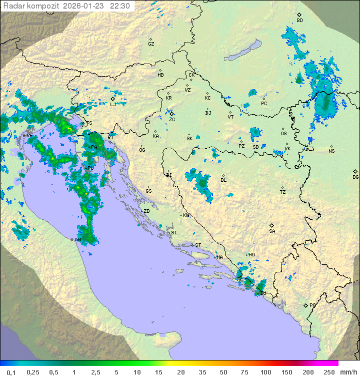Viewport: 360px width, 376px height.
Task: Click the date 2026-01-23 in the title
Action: pyautogui.click(x=84, y=6)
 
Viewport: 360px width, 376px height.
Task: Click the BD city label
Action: pyautogui.click(x=299, y=21)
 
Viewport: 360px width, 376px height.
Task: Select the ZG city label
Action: pyautogui.click(x=172, y=120)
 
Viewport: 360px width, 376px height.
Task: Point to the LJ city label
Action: pyautogui.click(x=113, y=104)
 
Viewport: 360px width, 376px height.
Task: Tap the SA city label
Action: pyautogui.click(x=272, y=231)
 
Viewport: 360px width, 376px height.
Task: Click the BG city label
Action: pyautogui.click(x=355, y=177)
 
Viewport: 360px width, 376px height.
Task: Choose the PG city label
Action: pyautogui.click(x=312, y=305)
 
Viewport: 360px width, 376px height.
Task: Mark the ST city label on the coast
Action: pyautogui.click(x=198, y=245)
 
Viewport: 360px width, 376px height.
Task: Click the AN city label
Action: pyautogui.click(x=77, y=240)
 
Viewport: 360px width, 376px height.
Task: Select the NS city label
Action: pyautogui.click(x=331, y=151)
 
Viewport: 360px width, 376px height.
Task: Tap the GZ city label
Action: pyautogui.click(x=151, y=44)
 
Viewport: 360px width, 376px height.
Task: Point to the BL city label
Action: pyautogui.click(x=223, y=180)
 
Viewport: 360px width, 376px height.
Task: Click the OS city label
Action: pyautogui.click(x=283, y=134)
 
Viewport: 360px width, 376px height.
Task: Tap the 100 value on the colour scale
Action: pyautogui.click(x=265, y=372)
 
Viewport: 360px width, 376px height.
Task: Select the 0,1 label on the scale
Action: pyautogui.click(x=11, y=372)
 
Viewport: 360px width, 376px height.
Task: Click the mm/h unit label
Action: pyautogui.click(x=346, y=372)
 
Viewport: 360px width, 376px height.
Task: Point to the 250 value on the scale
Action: pyautogui.click(x=328, y=372)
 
